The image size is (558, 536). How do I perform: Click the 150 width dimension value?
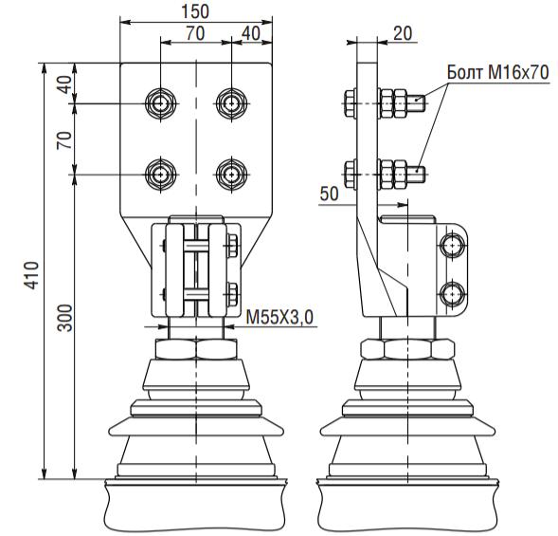(x=195, y=11)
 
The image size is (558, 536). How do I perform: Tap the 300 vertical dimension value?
(x=65, y=318)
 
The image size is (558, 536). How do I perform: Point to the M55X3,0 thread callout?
(x=279, y=317)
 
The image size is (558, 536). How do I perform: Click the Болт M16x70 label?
(x=498, y=72)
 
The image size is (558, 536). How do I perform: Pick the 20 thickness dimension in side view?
(x=403, y=33)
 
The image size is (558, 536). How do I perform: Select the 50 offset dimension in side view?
(x=329, y=194)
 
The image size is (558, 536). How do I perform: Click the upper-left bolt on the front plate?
(x=161, y=103)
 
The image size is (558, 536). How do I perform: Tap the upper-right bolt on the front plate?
(x=232, y=103)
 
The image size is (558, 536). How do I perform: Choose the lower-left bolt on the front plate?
(x=161, y=175)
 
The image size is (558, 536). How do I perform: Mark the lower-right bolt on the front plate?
(x=232, y=175)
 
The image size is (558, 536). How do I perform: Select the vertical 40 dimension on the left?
(x=65, y=84)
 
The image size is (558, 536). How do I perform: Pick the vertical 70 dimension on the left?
(x=65, y=140)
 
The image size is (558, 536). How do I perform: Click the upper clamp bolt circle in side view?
(x=452, y=246)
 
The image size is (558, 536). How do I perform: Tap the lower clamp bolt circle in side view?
(x=452, y=294)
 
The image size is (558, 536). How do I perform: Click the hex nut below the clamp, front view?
(x=196, y=349)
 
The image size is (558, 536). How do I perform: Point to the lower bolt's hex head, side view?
(x=351, y=175)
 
